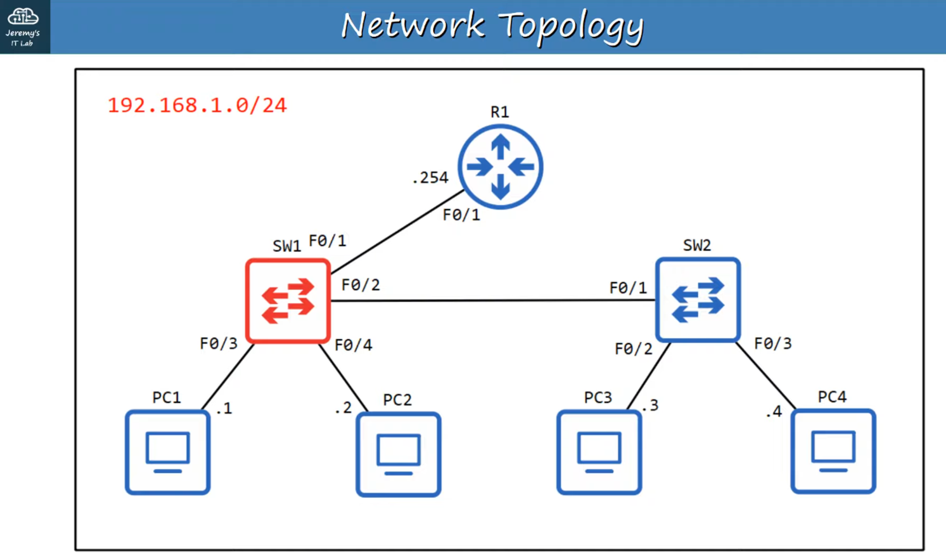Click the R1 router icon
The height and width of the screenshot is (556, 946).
coord(500,167)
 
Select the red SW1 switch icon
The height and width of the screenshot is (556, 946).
coord(288,300)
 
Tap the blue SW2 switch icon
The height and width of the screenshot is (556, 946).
coord(698,300)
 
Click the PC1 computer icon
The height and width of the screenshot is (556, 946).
coord(167,452)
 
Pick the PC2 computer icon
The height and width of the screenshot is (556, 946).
coord(398,454)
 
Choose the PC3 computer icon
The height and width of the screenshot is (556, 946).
coord(599,452)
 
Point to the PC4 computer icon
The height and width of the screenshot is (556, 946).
coord(833,451)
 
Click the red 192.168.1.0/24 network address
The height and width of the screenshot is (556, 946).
coord(197,105)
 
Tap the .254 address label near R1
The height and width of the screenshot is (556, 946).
coord(430,177)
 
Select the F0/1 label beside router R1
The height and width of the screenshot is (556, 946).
coord(461,215)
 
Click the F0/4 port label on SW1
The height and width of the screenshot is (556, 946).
coord(353,345)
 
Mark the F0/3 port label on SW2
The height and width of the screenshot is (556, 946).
coord(773,343)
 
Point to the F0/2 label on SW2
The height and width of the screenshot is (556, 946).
coord(633,349)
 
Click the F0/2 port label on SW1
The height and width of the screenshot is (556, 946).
coord(360,285)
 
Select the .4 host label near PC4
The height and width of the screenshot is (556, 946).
coord(774,411)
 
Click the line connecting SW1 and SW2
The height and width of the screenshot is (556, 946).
coord(492,300)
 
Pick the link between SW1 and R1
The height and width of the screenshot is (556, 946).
coord(397,232)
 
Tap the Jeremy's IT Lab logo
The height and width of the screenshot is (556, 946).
coord(24,26)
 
